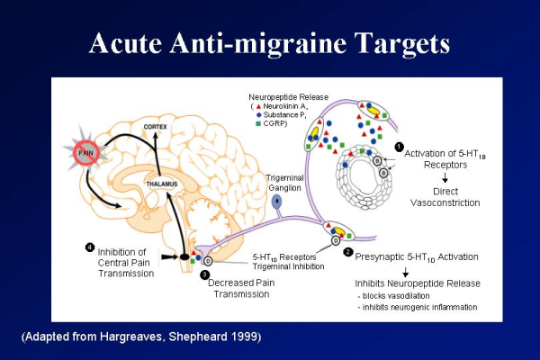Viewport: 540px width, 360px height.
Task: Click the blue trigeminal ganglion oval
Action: pyautogui.click(x=276, y=204)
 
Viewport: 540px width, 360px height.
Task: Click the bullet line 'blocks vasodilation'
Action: pyautogui.click(x=398, y=296)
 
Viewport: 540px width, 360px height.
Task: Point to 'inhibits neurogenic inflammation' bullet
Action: pyautogui.click(x=416, y=308)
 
